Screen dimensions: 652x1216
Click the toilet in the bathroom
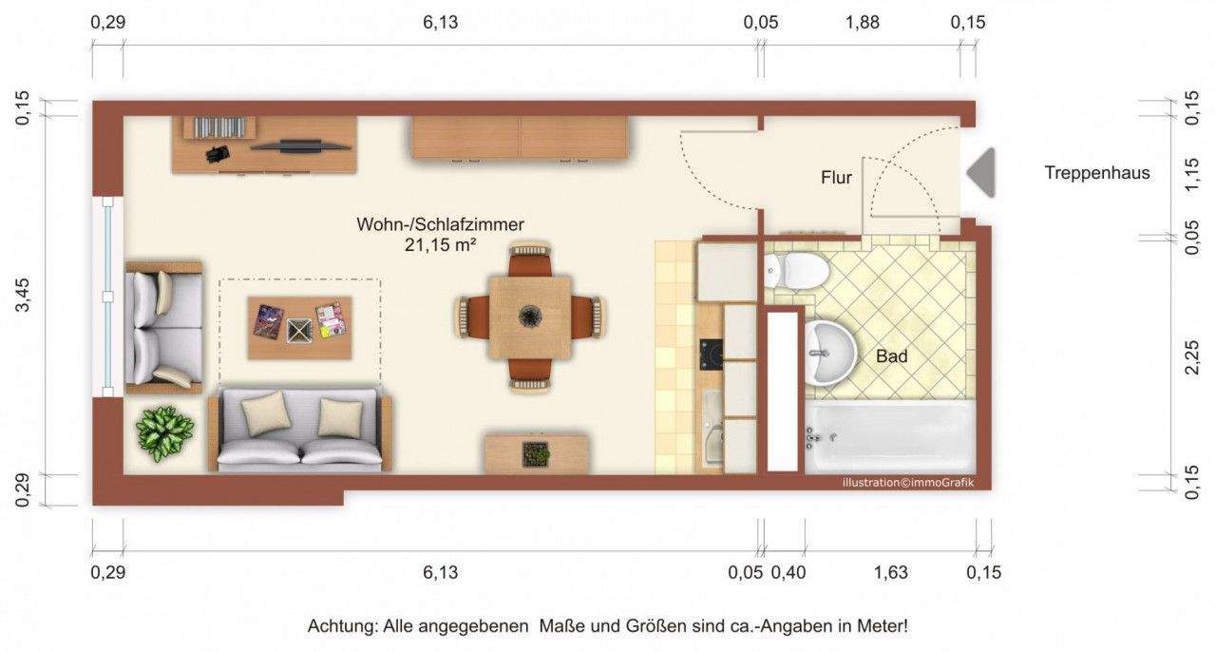[x=796, y=270]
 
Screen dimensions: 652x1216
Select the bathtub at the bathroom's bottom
[x=889, y=436]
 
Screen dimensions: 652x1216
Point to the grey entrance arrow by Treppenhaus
[x=982, y=173]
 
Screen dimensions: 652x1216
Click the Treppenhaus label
[x=1096, y=173]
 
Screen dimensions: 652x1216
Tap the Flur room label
[x=836, y=178]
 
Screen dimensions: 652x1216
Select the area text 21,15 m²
[x=440, y=244]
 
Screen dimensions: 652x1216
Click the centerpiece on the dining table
[x=529, y=316]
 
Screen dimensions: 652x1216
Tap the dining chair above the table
[x=529, y=260]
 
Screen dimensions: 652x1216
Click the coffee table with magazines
[x=299, y=327]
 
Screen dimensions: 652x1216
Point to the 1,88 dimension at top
[x=861, y=23]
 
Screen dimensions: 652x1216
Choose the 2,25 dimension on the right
[x=1196, y=355]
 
